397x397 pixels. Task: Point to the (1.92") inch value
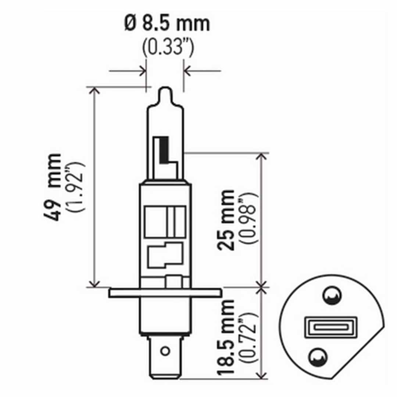(75, 187)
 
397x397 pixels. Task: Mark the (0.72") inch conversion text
(246, 337)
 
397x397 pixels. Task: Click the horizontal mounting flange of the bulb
(165, 293)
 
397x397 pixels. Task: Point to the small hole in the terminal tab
(166, 351)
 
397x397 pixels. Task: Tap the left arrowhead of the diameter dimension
(143, 70)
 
